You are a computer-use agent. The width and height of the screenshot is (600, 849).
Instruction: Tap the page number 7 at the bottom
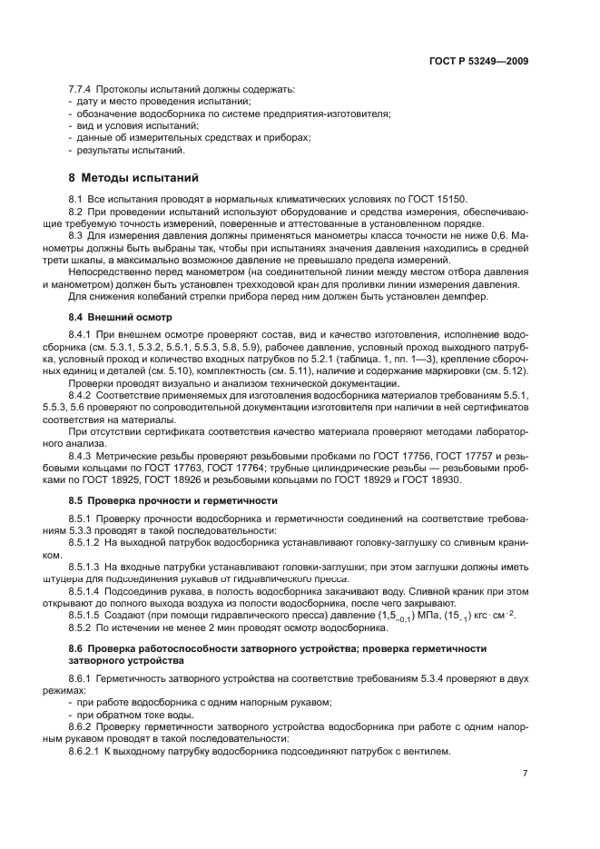525,773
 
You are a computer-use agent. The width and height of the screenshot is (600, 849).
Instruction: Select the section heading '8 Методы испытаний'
133,177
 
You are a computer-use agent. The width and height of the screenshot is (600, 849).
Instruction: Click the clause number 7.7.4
83,90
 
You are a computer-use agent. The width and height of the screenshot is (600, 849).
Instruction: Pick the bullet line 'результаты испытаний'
130,150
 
